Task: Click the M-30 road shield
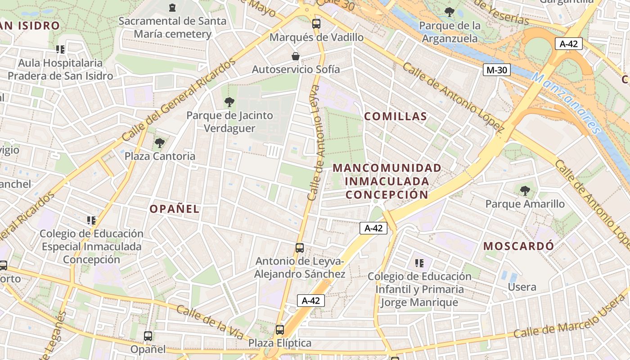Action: click(497, 70)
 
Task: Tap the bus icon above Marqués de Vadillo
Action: click(316, 23)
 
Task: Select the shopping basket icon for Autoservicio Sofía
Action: click(296, 56)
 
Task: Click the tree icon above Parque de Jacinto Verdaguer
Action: click(229, 102)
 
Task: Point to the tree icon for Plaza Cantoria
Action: click(159, 143)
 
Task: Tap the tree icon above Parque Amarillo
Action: click(525, 191)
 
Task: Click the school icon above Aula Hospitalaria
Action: click(60, 49)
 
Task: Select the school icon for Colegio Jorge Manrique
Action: click(419, 263)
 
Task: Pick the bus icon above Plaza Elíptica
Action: click(280, 330)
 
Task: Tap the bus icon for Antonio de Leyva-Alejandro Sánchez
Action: click(300, 248)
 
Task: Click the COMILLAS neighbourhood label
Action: click(396, 117)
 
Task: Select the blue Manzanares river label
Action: click(566, 103)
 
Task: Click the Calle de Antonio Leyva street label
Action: click(317, 143)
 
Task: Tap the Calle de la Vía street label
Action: click(210, 323)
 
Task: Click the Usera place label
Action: click(522, 287)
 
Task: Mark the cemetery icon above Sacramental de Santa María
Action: click(172, 7)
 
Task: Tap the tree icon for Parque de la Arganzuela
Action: click(449, 12)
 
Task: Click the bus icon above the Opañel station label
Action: click(148, 336)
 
